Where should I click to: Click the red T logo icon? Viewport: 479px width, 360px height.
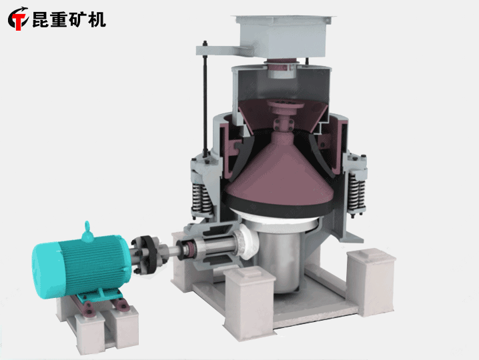[18, 19]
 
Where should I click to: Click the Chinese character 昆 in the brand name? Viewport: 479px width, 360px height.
[41, 19]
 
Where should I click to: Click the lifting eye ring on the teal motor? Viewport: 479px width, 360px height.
[87, 227]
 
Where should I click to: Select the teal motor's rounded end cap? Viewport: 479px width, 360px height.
[46, 269]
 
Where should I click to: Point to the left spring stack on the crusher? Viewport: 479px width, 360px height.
[201, 198]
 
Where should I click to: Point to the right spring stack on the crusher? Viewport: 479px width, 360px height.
[356, 192]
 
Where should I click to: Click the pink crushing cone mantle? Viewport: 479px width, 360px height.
[279, 175]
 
